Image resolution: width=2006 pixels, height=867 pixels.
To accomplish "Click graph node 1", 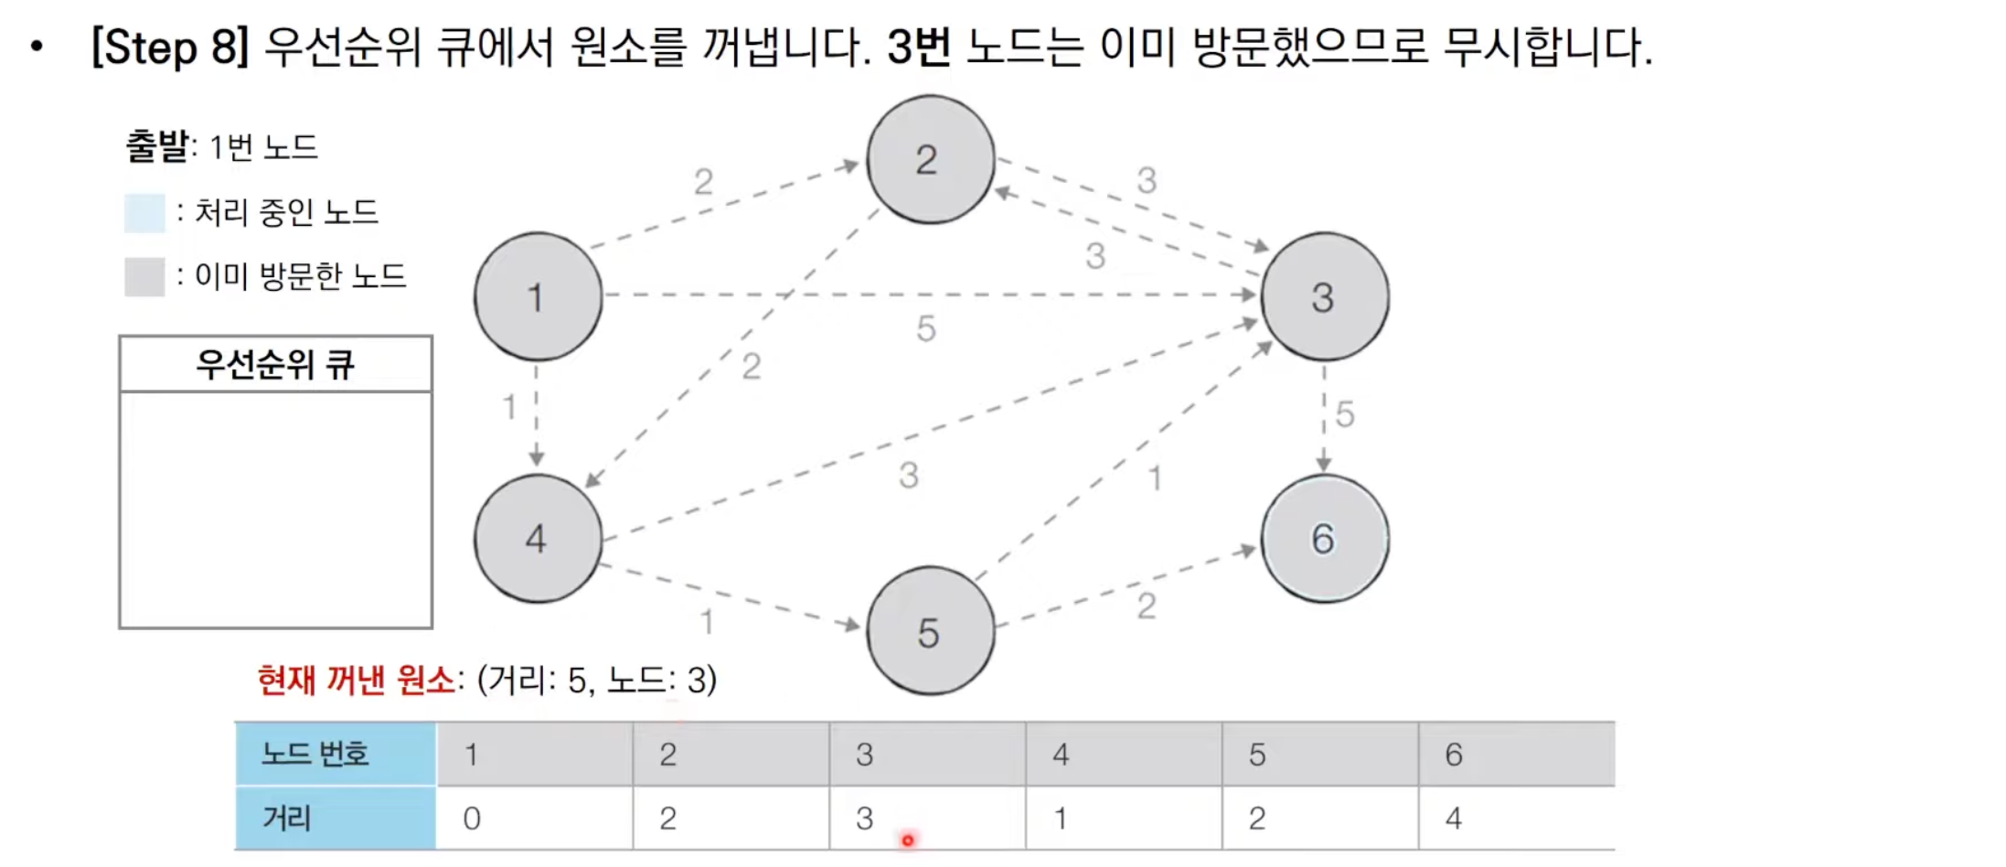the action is coord(538,296).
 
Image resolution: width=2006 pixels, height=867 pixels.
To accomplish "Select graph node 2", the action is coord(930,159).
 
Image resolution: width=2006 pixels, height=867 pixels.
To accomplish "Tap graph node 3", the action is coord(1324,296).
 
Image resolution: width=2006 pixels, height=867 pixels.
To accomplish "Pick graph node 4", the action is coord(538,538).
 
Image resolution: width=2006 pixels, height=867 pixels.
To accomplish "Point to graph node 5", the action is coord(930,631).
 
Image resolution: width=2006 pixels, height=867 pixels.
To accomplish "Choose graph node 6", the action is coord(1324,538).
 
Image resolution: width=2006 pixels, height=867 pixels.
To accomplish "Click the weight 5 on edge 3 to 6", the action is coord(1344,414).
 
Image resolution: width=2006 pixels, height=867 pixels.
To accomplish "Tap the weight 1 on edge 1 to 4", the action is coord(509,406).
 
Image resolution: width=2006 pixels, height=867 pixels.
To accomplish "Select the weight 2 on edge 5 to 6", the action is coord(1147,605).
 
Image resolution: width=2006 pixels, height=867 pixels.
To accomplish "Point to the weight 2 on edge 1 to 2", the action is coord(702,181).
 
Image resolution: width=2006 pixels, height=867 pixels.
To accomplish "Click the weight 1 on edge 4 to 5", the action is coord(707,622).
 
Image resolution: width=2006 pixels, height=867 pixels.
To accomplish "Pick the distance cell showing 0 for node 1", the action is coord(534,818).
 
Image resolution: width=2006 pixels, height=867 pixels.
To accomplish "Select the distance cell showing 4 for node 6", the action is coord(1516,818).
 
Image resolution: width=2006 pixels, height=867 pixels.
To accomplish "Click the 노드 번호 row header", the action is coord(335,754).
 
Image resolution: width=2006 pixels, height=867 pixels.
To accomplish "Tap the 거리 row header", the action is coord(335,818).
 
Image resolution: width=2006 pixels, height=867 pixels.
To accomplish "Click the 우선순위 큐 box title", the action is coord(275,364).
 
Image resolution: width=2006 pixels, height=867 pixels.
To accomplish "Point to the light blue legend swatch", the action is coord(144,212).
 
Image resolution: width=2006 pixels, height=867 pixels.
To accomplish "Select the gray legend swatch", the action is coord(144,276).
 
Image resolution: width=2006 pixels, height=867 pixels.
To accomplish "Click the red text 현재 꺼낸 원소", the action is coord(356,680).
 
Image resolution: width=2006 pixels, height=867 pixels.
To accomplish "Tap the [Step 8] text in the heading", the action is coord(170,47).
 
